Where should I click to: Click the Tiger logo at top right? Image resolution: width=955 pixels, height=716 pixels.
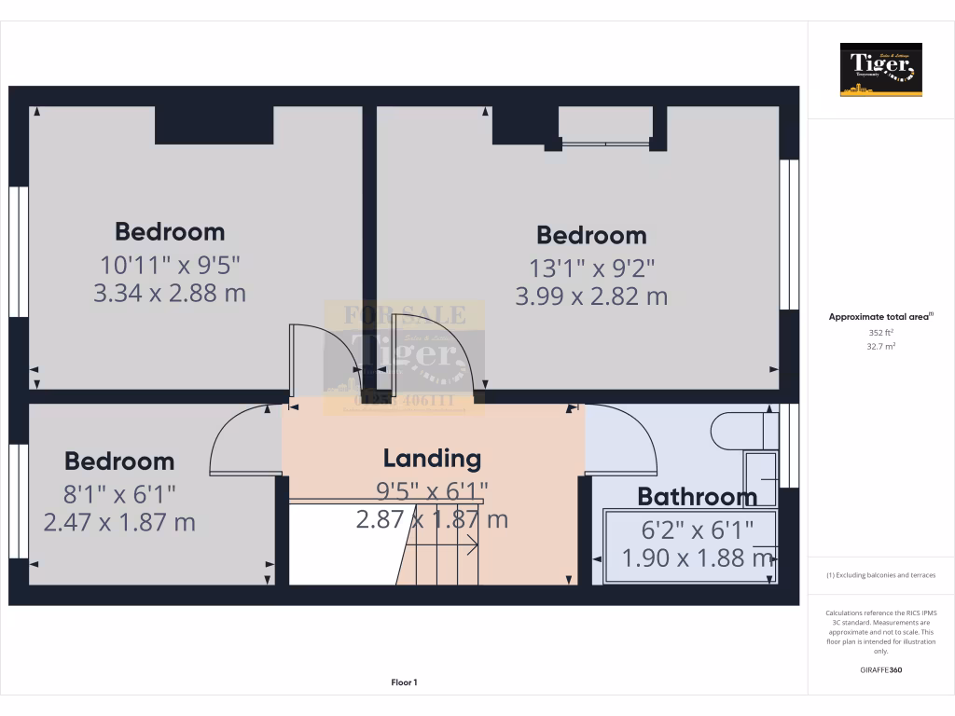tap(880, 69)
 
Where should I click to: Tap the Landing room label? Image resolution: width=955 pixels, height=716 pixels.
tap(432, 458)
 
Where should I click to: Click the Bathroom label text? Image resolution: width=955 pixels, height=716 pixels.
tap(697, 496)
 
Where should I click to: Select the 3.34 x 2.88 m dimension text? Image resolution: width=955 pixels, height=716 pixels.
tap(170, 294)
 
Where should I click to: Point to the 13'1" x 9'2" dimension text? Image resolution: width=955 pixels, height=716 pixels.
tap(591, 268)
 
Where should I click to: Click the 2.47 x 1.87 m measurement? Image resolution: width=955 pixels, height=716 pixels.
tap(119, 522)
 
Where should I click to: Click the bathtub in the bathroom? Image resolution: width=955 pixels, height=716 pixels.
tap(690, 546)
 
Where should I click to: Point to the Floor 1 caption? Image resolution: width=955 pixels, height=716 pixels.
tap(404, 682)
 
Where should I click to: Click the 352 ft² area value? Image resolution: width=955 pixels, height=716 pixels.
tap(881, 332)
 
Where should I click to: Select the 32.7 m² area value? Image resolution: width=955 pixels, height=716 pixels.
tap(881, 346)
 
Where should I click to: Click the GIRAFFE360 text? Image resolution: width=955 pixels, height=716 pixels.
tap(881, 670)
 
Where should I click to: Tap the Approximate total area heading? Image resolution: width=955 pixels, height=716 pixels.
tap(879, 317)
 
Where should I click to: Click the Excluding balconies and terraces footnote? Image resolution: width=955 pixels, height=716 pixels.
tap(881, 575)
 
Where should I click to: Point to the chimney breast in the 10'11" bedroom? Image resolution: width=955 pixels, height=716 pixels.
tap(214, 125)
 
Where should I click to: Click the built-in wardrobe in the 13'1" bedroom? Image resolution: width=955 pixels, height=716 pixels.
tap(605, 126)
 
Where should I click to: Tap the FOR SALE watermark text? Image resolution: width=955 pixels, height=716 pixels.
tap(404, 314)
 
